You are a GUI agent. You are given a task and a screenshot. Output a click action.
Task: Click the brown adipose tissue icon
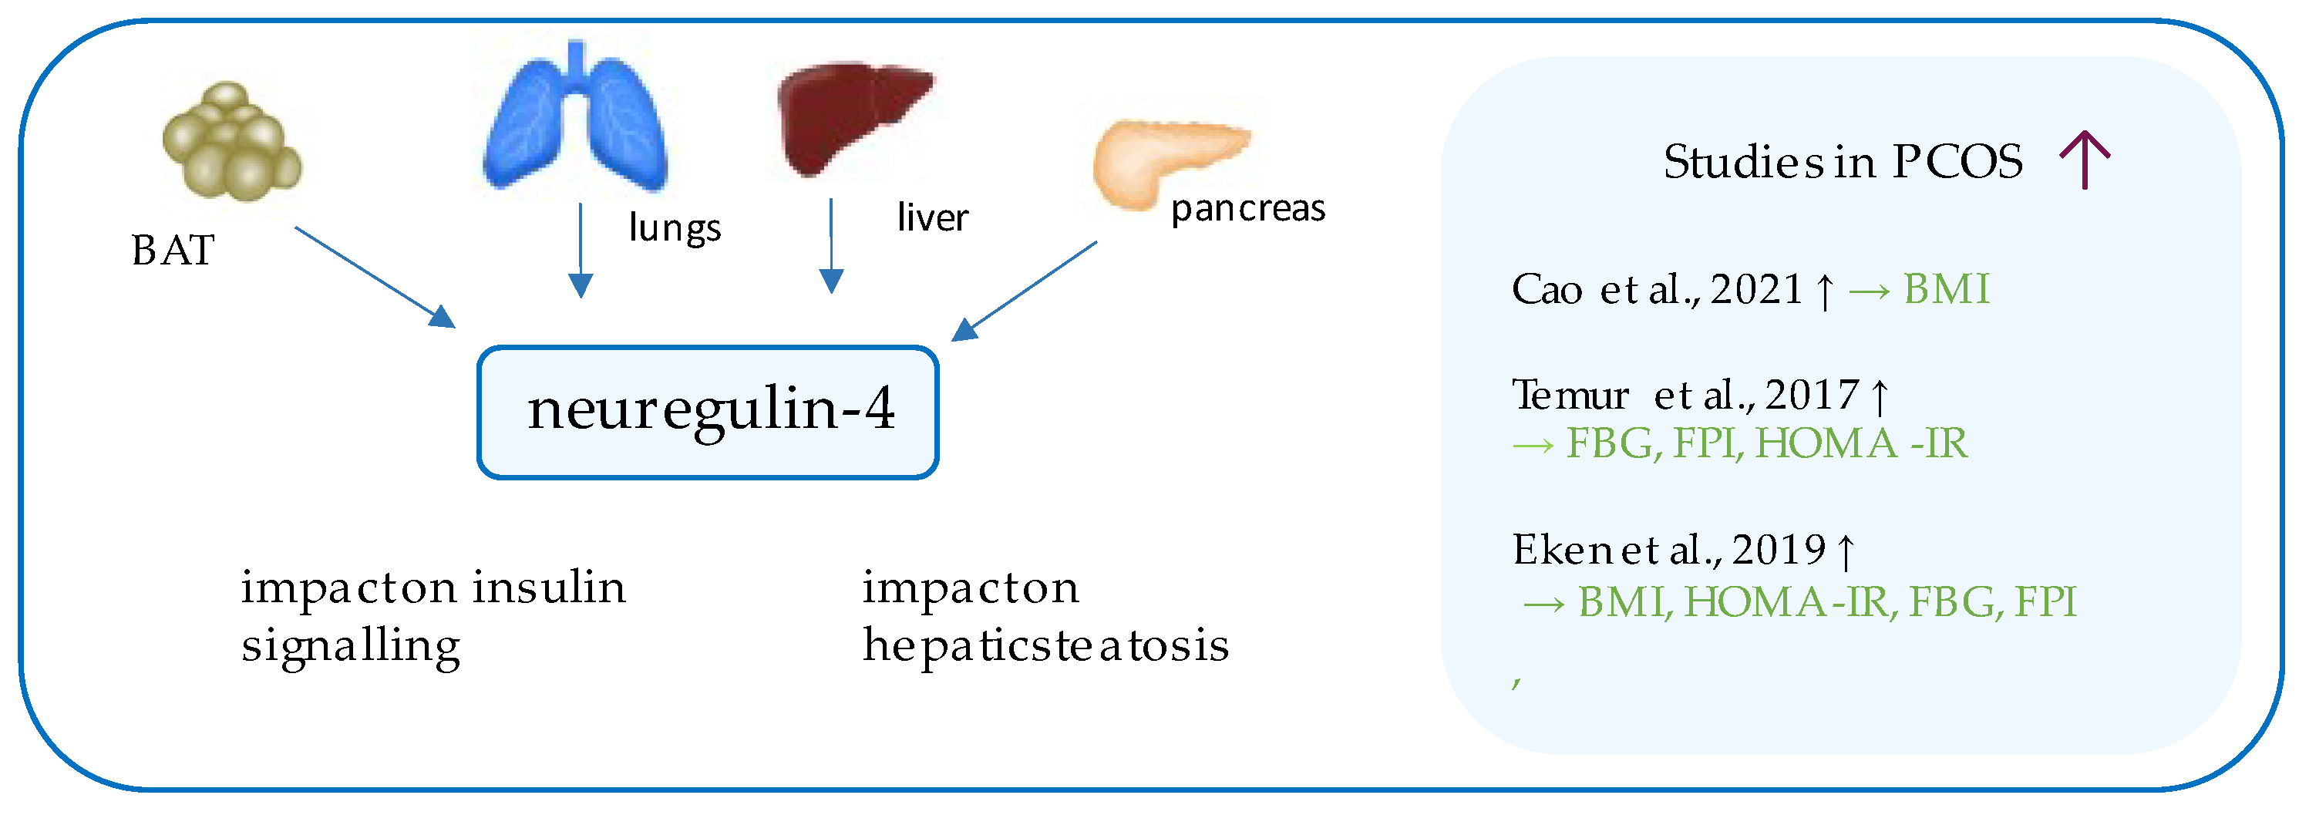pyautogui.click(x=231, y=142)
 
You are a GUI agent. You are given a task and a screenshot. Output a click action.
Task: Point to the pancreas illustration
pyautogui.click(x=1165, y=161)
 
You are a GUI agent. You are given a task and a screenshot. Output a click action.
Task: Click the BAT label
pyautogui.click(x=172, y=250)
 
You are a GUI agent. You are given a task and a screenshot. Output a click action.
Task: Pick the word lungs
pyautogui.click(x=674, y=227)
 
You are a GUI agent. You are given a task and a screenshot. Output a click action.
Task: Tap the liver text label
pyautogui.click(x=932, y=218)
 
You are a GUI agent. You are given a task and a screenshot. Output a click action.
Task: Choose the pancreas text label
pyautogui.click(x=1247, y=209)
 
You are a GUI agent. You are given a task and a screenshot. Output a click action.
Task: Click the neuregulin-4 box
pyautogui.click(x=708, y=412)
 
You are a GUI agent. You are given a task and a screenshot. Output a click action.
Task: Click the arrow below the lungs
pyautogui.click(x=581, y=251)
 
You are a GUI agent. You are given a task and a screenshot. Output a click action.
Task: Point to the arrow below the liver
pyautogui.click(x=832, y=247)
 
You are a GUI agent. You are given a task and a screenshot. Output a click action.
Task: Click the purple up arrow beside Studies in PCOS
pyautogui.click(x=2085, y=160)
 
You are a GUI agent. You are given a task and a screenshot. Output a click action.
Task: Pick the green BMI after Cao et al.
pyautogui.click(x=1946, y=290)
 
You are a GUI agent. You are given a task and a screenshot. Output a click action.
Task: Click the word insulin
pyautogui.click(x=549, y=588)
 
